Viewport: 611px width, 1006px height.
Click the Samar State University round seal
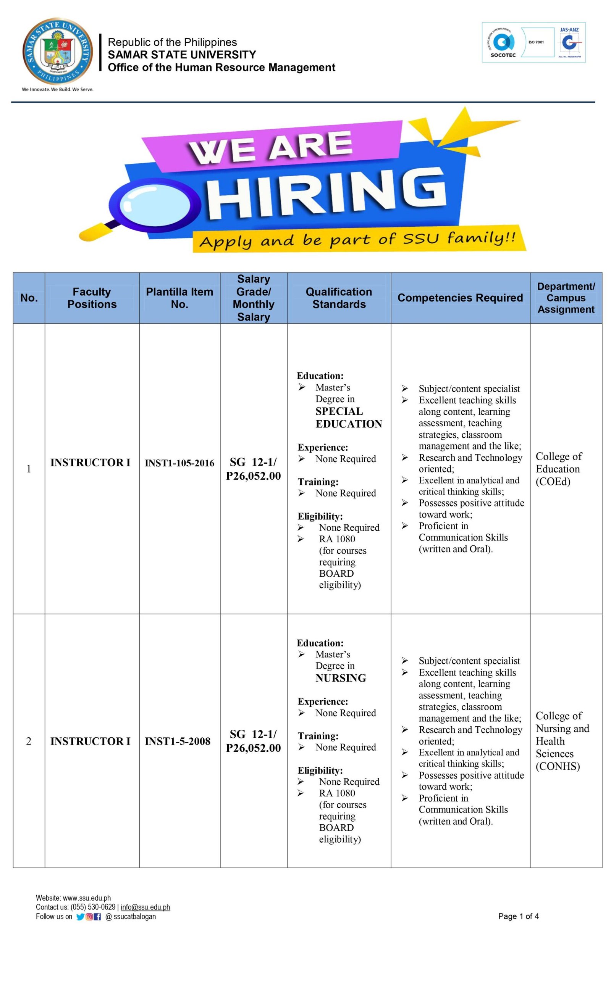[x=57, y=51]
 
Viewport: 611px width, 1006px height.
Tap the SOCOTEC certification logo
[x=503, y=43]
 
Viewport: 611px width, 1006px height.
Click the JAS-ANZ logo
[x=569, y=42]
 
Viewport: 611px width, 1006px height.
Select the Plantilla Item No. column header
[x=179, y=298]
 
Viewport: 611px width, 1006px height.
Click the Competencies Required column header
[x=460, y=298]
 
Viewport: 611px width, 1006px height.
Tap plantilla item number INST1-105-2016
[x=179, y=463]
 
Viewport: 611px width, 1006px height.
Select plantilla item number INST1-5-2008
[x=177, y=741]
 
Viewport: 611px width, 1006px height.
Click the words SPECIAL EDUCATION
[x=348, y=417]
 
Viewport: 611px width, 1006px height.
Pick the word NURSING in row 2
[x=340, y=678]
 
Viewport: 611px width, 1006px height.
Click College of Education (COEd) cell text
[x=558, y=469]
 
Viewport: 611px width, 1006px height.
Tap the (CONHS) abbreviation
[x=558, y=766]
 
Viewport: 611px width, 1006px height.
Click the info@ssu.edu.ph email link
[x=145, y=907]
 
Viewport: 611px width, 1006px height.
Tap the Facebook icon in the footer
[x=97, y=917]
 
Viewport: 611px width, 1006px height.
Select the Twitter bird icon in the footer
[x=80, y=917]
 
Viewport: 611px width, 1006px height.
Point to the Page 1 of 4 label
[x=518, y=916]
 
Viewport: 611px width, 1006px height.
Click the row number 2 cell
[x=29, y=741]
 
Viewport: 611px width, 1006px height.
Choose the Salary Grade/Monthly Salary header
[x=253, y=298]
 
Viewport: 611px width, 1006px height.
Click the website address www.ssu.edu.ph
[x=87, y=898]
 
